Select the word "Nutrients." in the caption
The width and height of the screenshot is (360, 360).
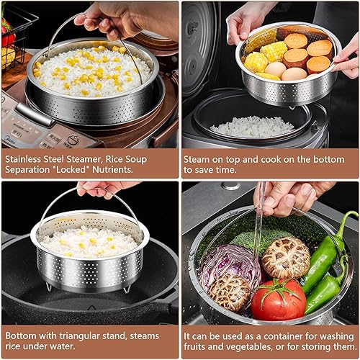click(x=112, y=170)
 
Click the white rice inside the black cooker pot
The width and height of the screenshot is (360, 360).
click(x=252, y=127)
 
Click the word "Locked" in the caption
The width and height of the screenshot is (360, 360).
click(x=71, y=170)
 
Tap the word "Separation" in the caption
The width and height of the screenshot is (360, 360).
click(x=27, y=170)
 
